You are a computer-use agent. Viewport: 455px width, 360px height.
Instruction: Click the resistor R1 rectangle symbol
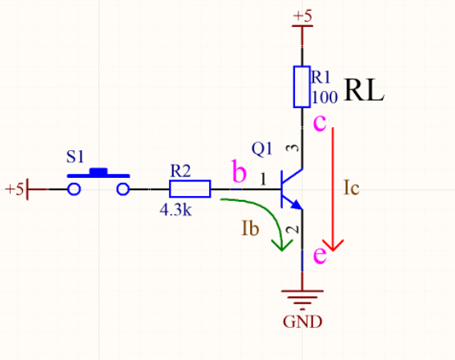[x=302, y=88]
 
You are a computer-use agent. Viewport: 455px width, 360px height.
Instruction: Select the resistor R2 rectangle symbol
[x=189, y=189]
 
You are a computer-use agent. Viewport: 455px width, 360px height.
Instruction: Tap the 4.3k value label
[x=176, y=210]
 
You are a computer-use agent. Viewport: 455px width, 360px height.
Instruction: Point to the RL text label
[x=364, y=89]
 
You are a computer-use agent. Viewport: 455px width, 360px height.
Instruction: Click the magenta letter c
[x=321, y=124]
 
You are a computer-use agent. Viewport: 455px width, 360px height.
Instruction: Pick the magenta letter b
[x=239, y=172]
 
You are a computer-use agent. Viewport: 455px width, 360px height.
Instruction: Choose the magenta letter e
[x=320, y=256]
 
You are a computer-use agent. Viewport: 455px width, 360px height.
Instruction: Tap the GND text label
[x=303, y=321]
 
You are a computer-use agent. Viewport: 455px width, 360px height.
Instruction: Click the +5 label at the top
[x=303, y=16]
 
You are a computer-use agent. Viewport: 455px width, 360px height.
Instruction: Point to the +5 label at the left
[x=13, y=189]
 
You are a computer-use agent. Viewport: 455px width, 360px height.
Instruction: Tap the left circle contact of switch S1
[x=75, y=189]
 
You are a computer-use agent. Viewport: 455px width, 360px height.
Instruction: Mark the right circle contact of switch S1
[x=124, y=189]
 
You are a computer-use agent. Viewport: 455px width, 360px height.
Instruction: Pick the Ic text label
[x=350, y=187]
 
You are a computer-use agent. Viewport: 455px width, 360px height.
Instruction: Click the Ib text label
[x=251, y=229]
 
